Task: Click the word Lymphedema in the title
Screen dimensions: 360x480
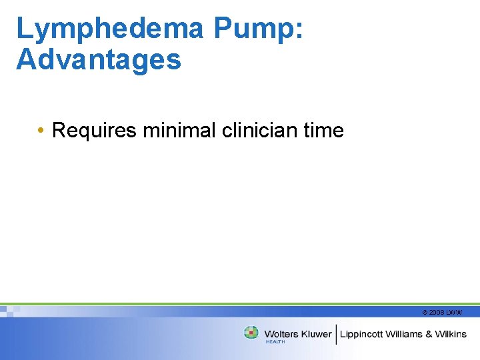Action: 110,29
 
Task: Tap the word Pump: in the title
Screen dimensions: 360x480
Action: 259,29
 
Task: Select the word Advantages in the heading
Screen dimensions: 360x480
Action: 99,59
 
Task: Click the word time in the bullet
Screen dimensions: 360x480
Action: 323,130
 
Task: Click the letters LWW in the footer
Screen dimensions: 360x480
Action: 455,312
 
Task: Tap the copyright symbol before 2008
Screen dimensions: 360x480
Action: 425,312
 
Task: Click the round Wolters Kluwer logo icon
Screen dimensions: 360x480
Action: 251,333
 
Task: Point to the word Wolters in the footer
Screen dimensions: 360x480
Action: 281,333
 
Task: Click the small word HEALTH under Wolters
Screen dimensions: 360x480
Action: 275,342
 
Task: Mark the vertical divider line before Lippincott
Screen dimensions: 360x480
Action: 337,333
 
